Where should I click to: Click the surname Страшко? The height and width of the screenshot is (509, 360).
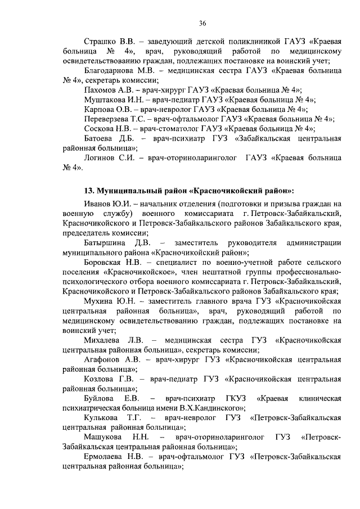tap(99, 42)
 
